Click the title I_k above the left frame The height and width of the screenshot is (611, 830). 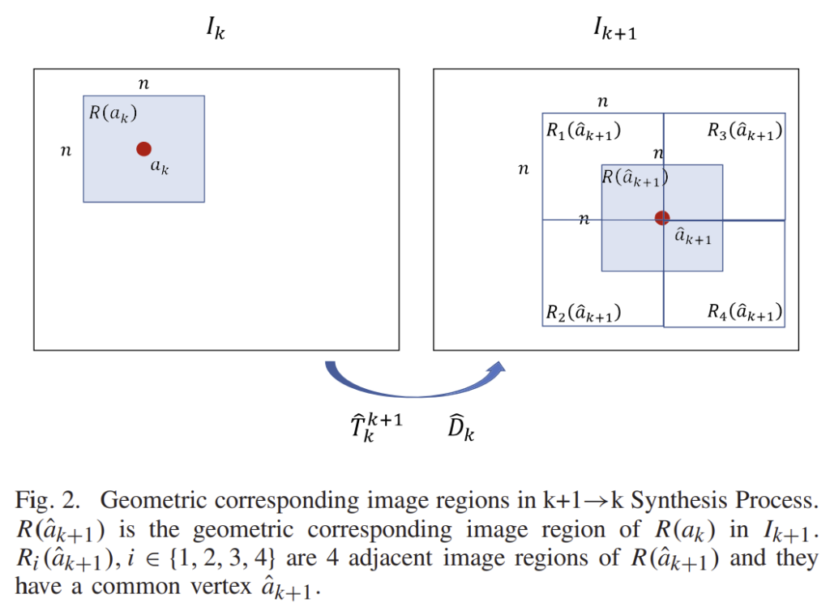click(x=215, y=32)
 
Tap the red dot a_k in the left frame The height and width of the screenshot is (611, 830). click(x=143, y=148)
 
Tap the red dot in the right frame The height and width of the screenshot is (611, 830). click(x=662, y=217)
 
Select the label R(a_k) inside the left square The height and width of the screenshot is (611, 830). click(x=113, y=112)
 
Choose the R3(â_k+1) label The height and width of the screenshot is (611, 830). click(x=744, y=131)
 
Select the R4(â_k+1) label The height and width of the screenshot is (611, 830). click(x=744, y=312)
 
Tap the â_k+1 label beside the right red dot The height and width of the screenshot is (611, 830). click(x=694, y=236)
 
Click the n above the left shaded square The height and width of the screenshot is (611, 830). click(x=143, y=83)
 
